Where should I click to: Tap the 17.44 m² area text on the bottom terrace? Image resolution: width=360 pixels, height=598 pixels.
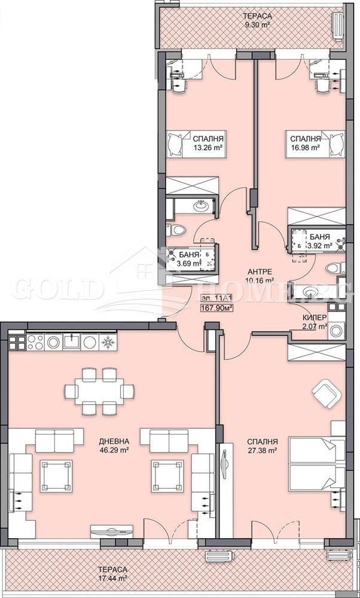114,579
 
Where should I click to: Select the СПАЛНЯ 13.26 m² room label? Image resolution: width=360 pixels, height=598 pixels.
205,145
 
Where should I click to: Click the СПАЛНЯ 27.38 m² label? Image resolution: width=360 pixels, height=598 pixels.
263,447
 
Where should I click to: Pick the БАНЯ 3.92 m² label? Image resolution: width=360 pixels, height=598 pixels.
319,240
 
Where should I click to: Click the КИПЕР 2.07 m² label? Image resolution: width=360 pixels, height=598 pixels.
313,322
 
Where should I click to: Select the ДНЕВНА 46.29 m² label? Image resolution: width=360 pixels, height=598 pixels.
114,447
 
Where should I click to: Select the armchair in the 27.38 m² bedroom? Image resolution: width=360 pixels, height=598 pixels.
325,393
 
